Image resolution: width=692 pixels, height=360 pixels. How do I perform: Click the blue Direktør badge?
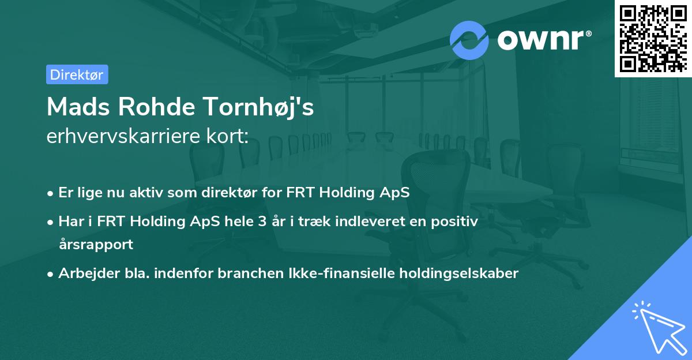pos(77,74)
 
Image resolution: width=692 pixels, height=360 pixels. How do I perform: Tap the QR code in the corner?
pos(653,37)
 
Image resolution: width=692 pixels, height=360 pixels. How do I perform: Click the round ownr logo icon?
pos(469,40)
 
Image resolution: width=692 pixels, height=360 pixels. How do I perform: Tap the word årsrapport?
pos(96,245)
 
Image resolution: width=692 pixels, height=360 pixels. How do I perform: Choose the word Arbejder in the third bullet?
pos(85,274)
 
